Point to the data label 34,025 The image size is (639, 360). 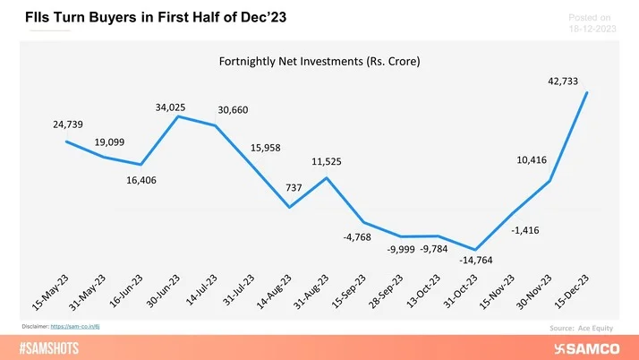tap(169, 107)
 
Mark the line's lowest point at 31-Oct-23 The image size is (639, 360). tap(475, 250)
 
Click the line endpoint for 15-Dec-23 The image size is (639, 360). tap(587, 92)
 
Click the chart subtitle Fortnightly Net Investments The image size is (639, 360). tap(319, 63)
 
